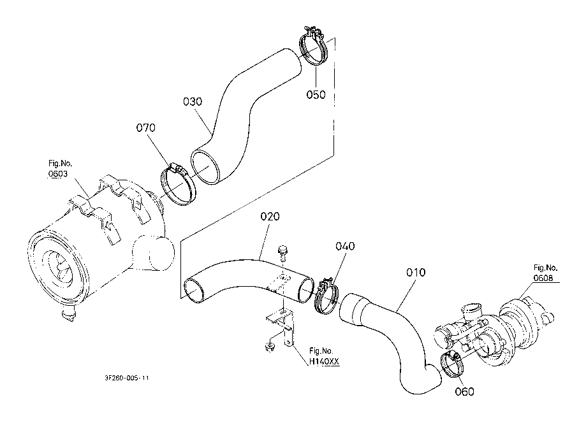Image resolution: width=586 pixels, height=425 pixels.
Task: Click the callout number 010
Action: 416,273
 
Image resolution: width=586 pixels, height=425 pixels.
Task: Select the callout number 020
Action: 270,217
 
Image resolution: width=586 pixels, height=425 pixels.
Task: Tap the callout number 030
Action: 193,101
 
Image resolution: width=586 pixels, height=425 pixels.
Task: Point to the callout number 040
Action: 345,246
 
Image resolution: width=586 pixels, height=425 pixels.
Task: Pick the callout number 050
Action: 316,94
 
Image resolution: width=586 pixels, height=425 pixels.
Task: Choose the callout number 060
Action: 464,391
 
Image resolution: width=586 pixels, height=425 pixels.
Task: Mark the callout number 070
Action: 145,127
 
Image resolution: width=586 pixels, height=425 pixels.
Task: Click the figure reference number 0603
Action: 58,174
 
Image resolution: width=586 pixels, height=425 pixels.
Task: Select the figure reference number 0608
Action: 543,278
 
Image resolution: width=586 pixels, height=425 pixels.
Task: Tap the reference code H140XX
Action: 325,361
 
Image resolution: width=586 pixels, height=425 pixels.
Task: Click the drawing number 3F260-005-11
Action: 127,378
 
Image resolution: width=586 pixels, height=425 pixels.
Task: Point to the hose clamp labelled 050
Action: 313,46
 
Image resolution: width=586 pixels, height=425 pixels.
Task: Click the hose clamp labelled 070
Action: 177,185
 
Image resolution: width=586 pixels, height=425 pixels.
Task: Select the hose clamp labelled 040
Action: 326,296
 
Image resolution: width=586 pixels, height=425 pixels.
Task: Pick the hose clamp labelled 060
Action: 452,364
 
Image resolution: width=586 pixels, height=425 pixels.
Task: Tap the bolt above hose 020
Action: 283,252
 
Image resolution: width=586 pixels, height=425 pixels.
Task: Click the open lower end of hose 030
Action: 205,168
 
